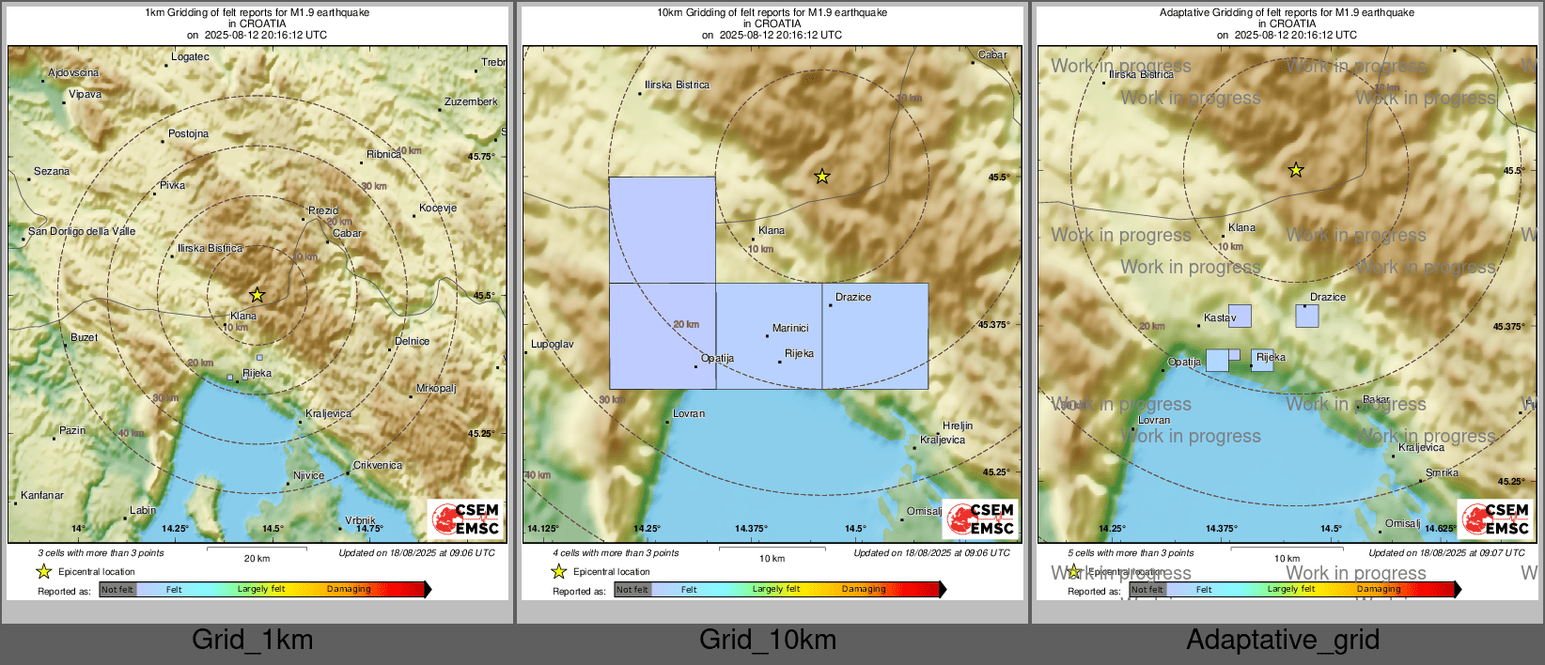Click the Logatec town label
[190, 56]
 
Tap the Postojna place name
[188, 133]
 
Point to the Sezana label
[52, 171]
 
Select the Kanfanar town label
[42, 495]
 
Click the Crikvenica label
[378, 465]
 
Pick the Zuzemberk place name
[471, 101]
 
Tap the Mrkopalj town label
[436, 388]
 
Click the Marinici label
[790, 328]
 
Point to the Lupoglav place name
[553, 344]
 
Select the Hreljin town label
[958, 425]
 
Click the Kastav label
[1220, 317]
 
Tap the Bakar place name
[1376, 399]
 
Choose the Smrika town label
[1442, 472]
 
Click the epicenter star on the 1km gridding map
[257, 295]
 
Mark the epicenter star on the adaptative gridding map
[1296, 170]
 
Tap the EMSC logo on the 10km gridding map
[980, 518]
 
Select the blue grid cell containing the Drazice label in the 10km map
[875, 336]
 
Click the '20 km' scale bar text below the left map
[257, 558]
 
